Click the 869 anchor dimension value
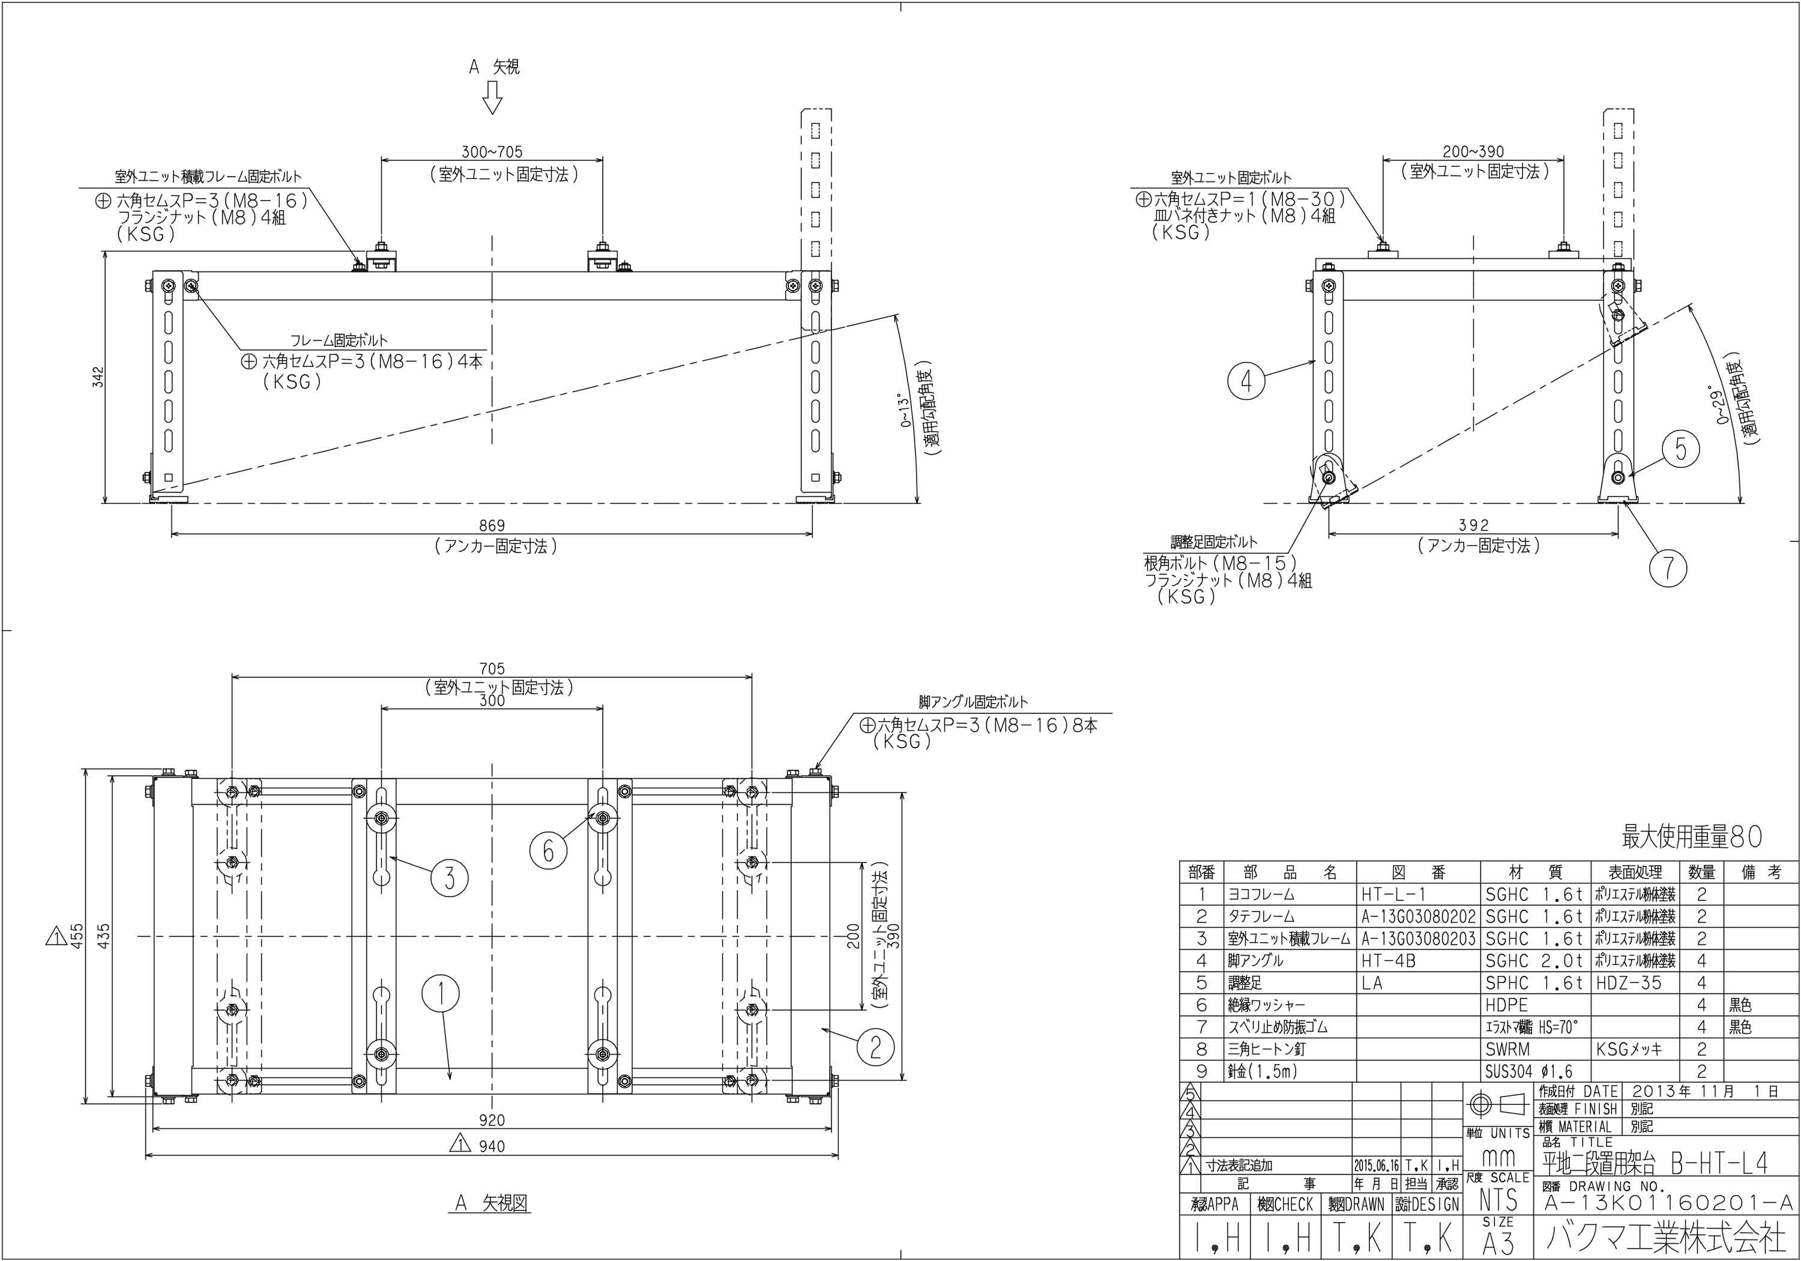click(x=492, y=526)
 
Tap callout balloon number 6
click(x=548, y=849)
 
